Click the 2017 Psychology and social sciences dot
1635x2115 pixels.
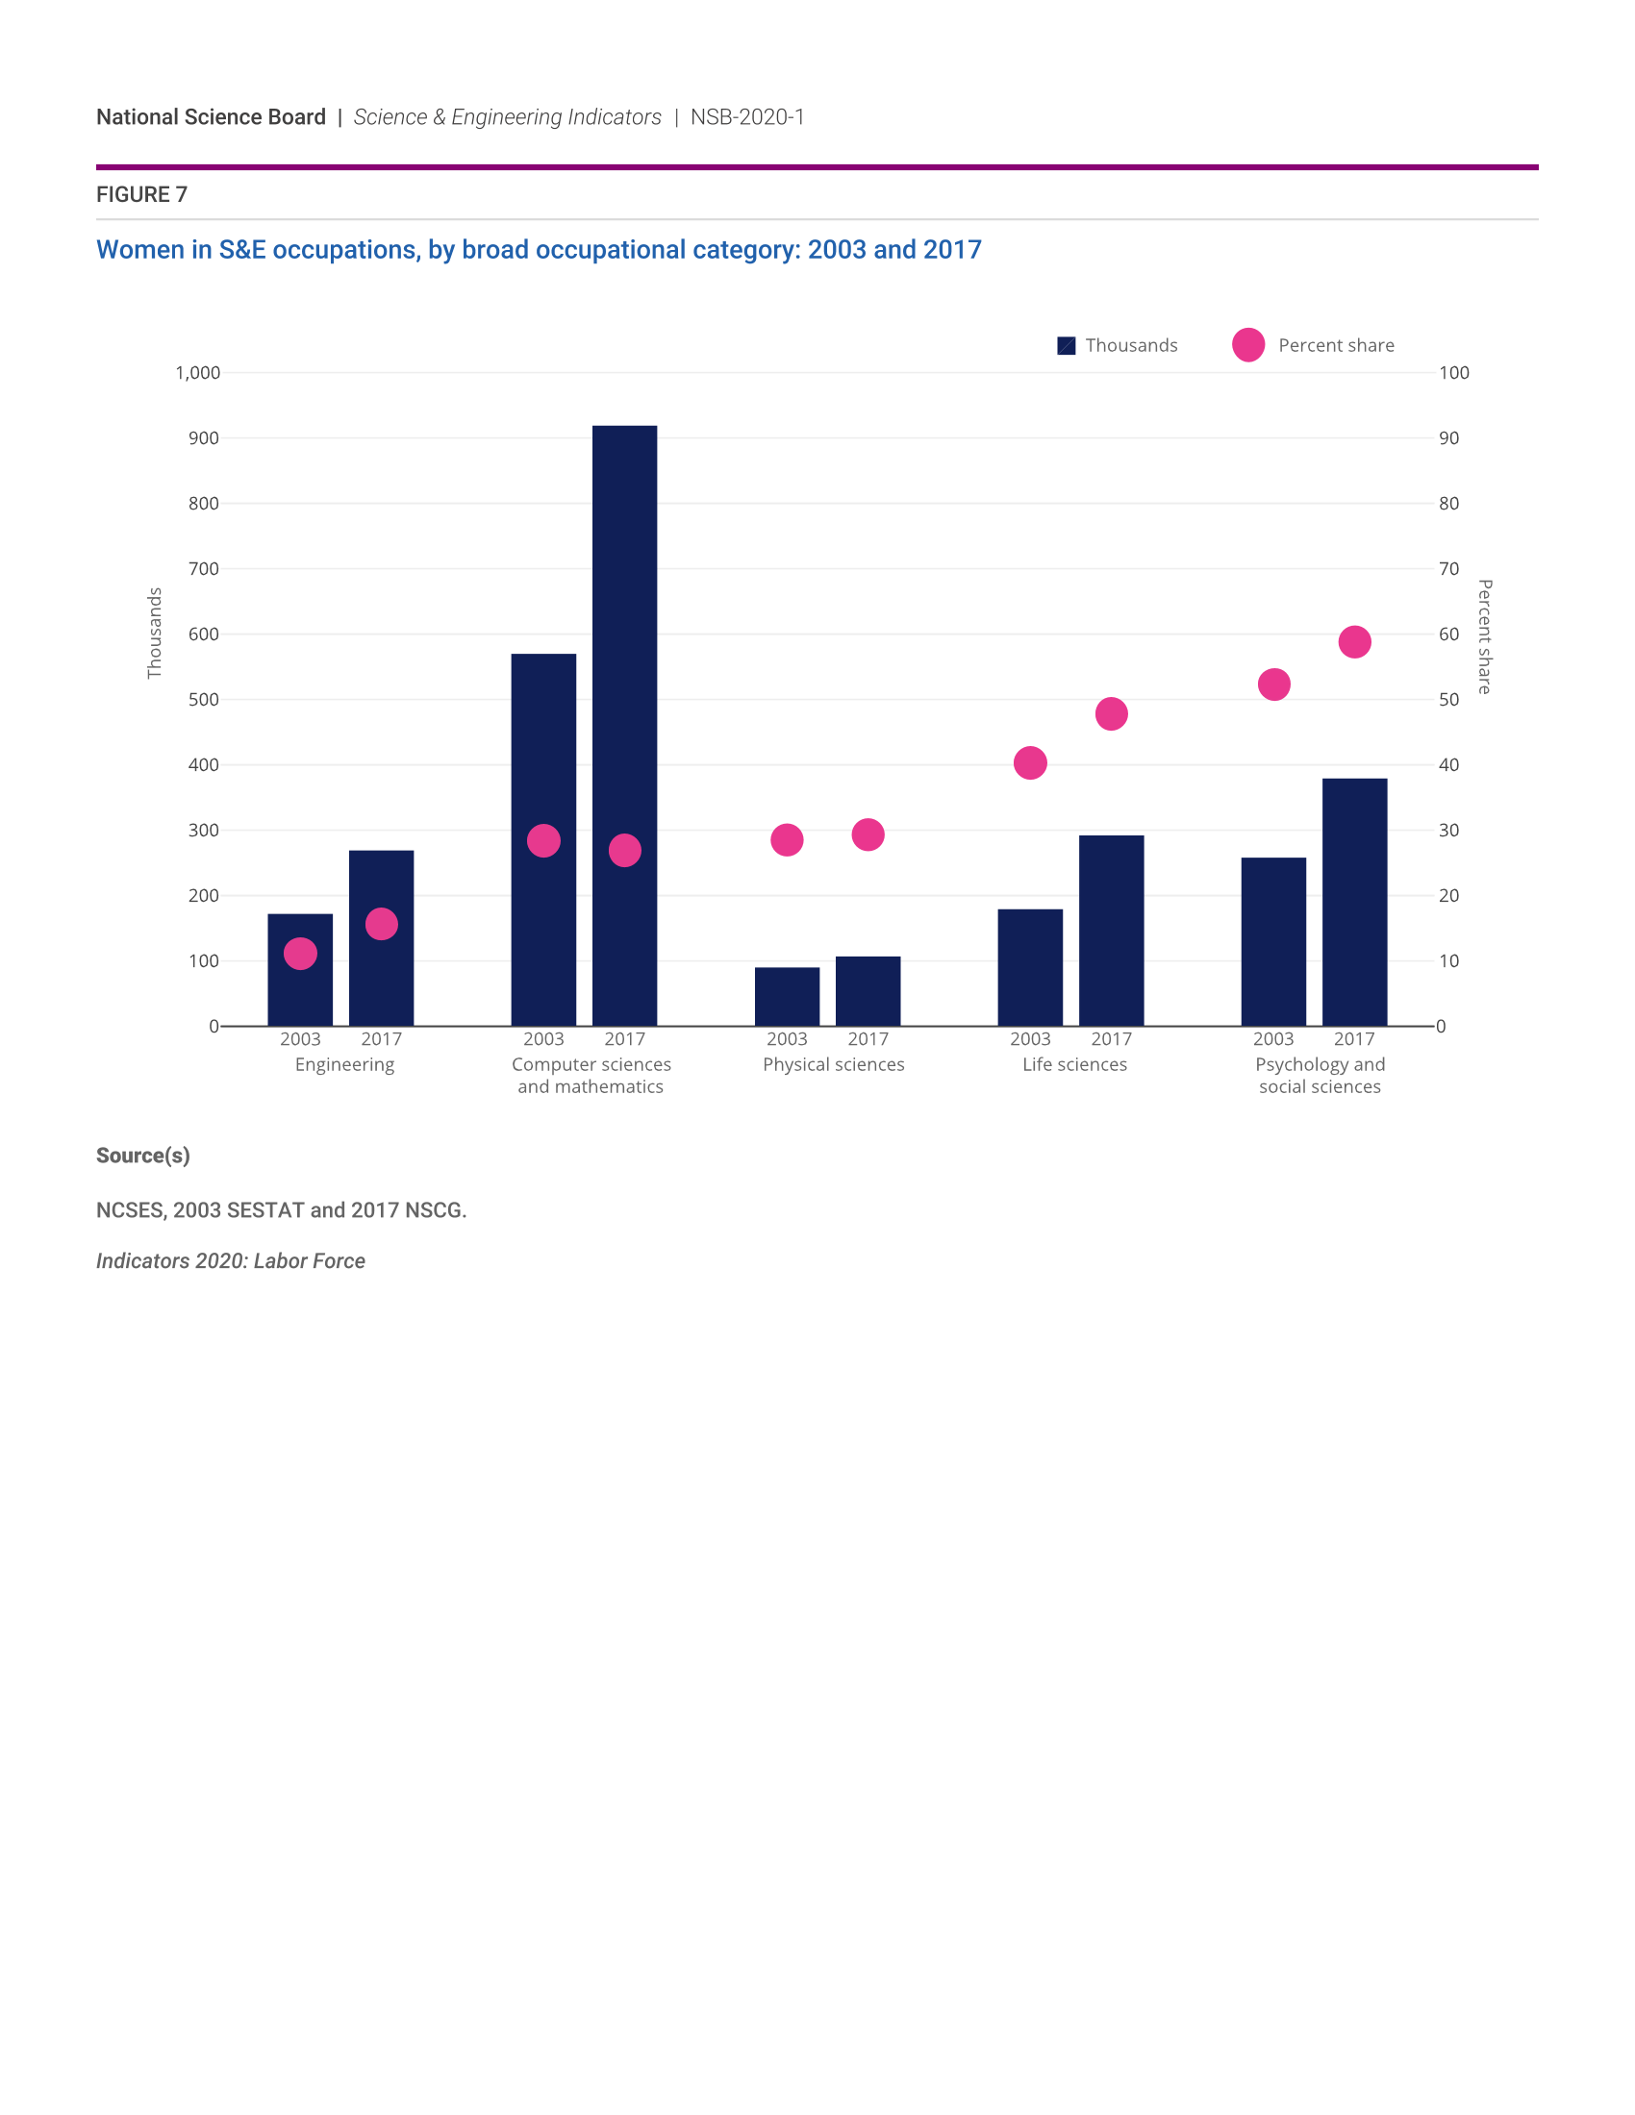click(x=1354, y=642)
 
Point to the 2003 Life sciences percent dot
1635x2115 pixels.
click(x=1030, y=763)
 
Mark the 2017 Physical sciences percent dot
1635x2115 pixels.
click(x=868, y=834)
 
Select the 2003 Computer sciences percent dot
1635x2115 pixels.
click(x=543, y=840)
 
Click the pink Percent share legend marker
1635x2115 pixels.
click(x=1248, y=345)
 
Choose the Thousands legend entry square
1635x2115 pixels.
click(x=1067, y=346)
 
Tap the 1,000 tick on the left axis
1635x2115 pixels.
click(x=197, y=373)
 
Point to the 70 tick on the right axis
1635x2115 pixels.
click(x=1448, y=568)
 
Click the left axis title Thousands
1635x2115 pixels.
click(x=154, y=633)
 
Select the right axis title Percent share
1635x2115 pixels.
click(x=1484, y=636)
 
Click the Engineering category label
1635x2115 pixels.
click(x=344, y=1064)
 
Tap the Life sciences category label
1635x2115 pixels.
click(x=1074, y=1064)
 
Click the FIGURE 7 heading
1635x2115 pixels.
click(x=141, y=194)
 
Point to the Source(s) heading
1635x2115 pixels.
click(x=142, y=1156)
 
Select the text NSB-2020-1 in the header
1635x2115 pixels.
click(x=746, y=117)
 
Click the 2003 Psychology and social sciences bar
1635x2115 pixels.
click(x=1272, y=941)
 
